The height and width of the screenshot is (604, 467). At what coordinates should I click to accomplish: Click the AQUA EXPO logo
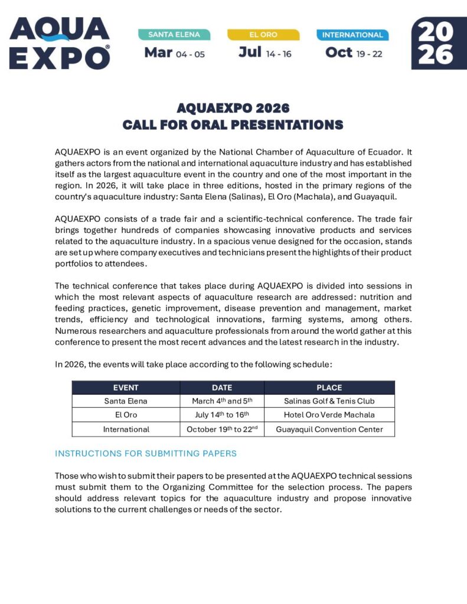click(60, 43)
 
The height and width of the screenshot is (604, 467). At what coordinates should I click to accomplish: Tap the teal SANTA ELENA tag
click(174, 35)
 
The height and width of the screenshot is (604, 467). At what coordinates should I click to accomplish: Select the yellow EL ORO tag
click(263, 35)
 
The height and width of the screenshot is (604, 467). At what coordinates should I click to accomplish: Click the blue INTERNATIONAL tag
click(352, 35)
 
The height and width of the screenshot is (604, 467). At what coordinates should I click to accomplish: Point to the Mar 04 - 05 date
click(175, 53)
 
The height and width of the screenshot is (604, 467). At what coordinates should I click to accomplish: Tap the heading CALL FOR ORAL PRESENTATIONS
click(233, 125)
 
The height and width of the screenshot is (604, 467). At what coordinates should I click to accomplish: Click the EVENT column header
click(126, 388)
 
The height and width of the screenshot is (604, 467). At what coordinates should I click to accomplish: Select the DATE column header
click(222, 388)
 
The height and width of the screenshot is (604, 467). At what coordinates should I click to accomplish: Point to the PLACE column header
click(329, 388)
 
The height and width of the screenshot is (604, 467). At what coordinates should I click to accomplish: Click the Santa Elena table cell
click(126, 401)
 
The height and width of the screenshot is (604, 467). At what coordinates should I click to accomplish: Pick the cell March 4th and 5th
click(222, 401)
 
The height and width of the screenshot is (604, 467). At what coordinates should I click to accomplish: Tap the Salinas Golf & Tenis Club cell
click(329, 401)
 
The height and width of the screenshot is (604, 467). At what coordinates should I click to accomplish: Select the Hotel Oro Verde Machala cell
click(329, 415)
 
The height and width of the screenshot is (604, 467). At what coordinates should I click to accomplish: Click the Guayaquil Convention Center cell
click(329, 429)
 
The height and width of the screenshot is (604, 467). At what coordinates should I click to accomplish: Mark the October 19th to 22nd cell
click(222, 429)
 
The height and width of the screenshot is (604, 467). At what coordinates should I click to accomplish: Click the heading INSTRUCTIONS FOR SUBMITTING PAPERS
click(145, 454)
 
